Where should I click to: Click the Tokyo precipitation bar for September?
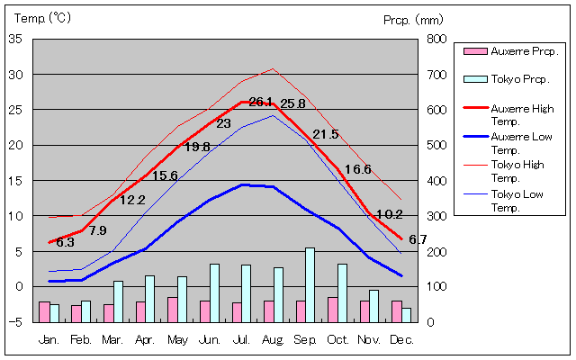pyautogui.click(x=310, y=284)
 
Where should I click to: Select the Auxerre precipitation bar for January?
pyautogui.click(x=44, y=311)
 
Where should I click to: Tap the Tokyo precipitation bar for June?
pyautogui.click(x=214, y=292)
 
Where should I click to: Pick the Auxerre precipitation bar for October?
pyautogui.click(x=332, y=309)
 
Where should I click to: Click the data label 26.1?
pyautogui.click(x=261, y=102)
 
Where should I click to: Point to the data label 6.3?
pyautogui.click(x=65, y=242)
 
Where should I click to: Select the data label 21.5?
pyautogui.click(x=326, y=135)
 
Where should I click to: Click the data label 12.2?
pyautogui.click(x=132, y=200)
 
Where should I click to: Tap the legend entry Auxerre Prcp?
pyautogui.click(x=512, y=51)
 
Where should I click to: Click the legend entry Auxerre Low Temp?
pyautogui.click(x=520, y=142)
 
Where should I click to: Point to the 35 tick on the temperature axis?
pyautogui.click(x=15, y=39)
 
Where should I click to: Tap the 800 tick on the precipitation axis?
pyautogui.click(x=436, y=39)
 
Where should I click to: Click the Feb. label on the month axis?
pyautogui.click(x=81, y=340)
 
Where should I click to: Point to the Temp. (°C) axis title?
pyautogui.click(x=43, y=18)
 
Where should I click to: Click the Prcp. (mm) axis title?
pyautogui.click(x=413, y=19)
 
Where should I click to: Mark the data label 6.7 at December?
pyautogui.click(x=418, y=239)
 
